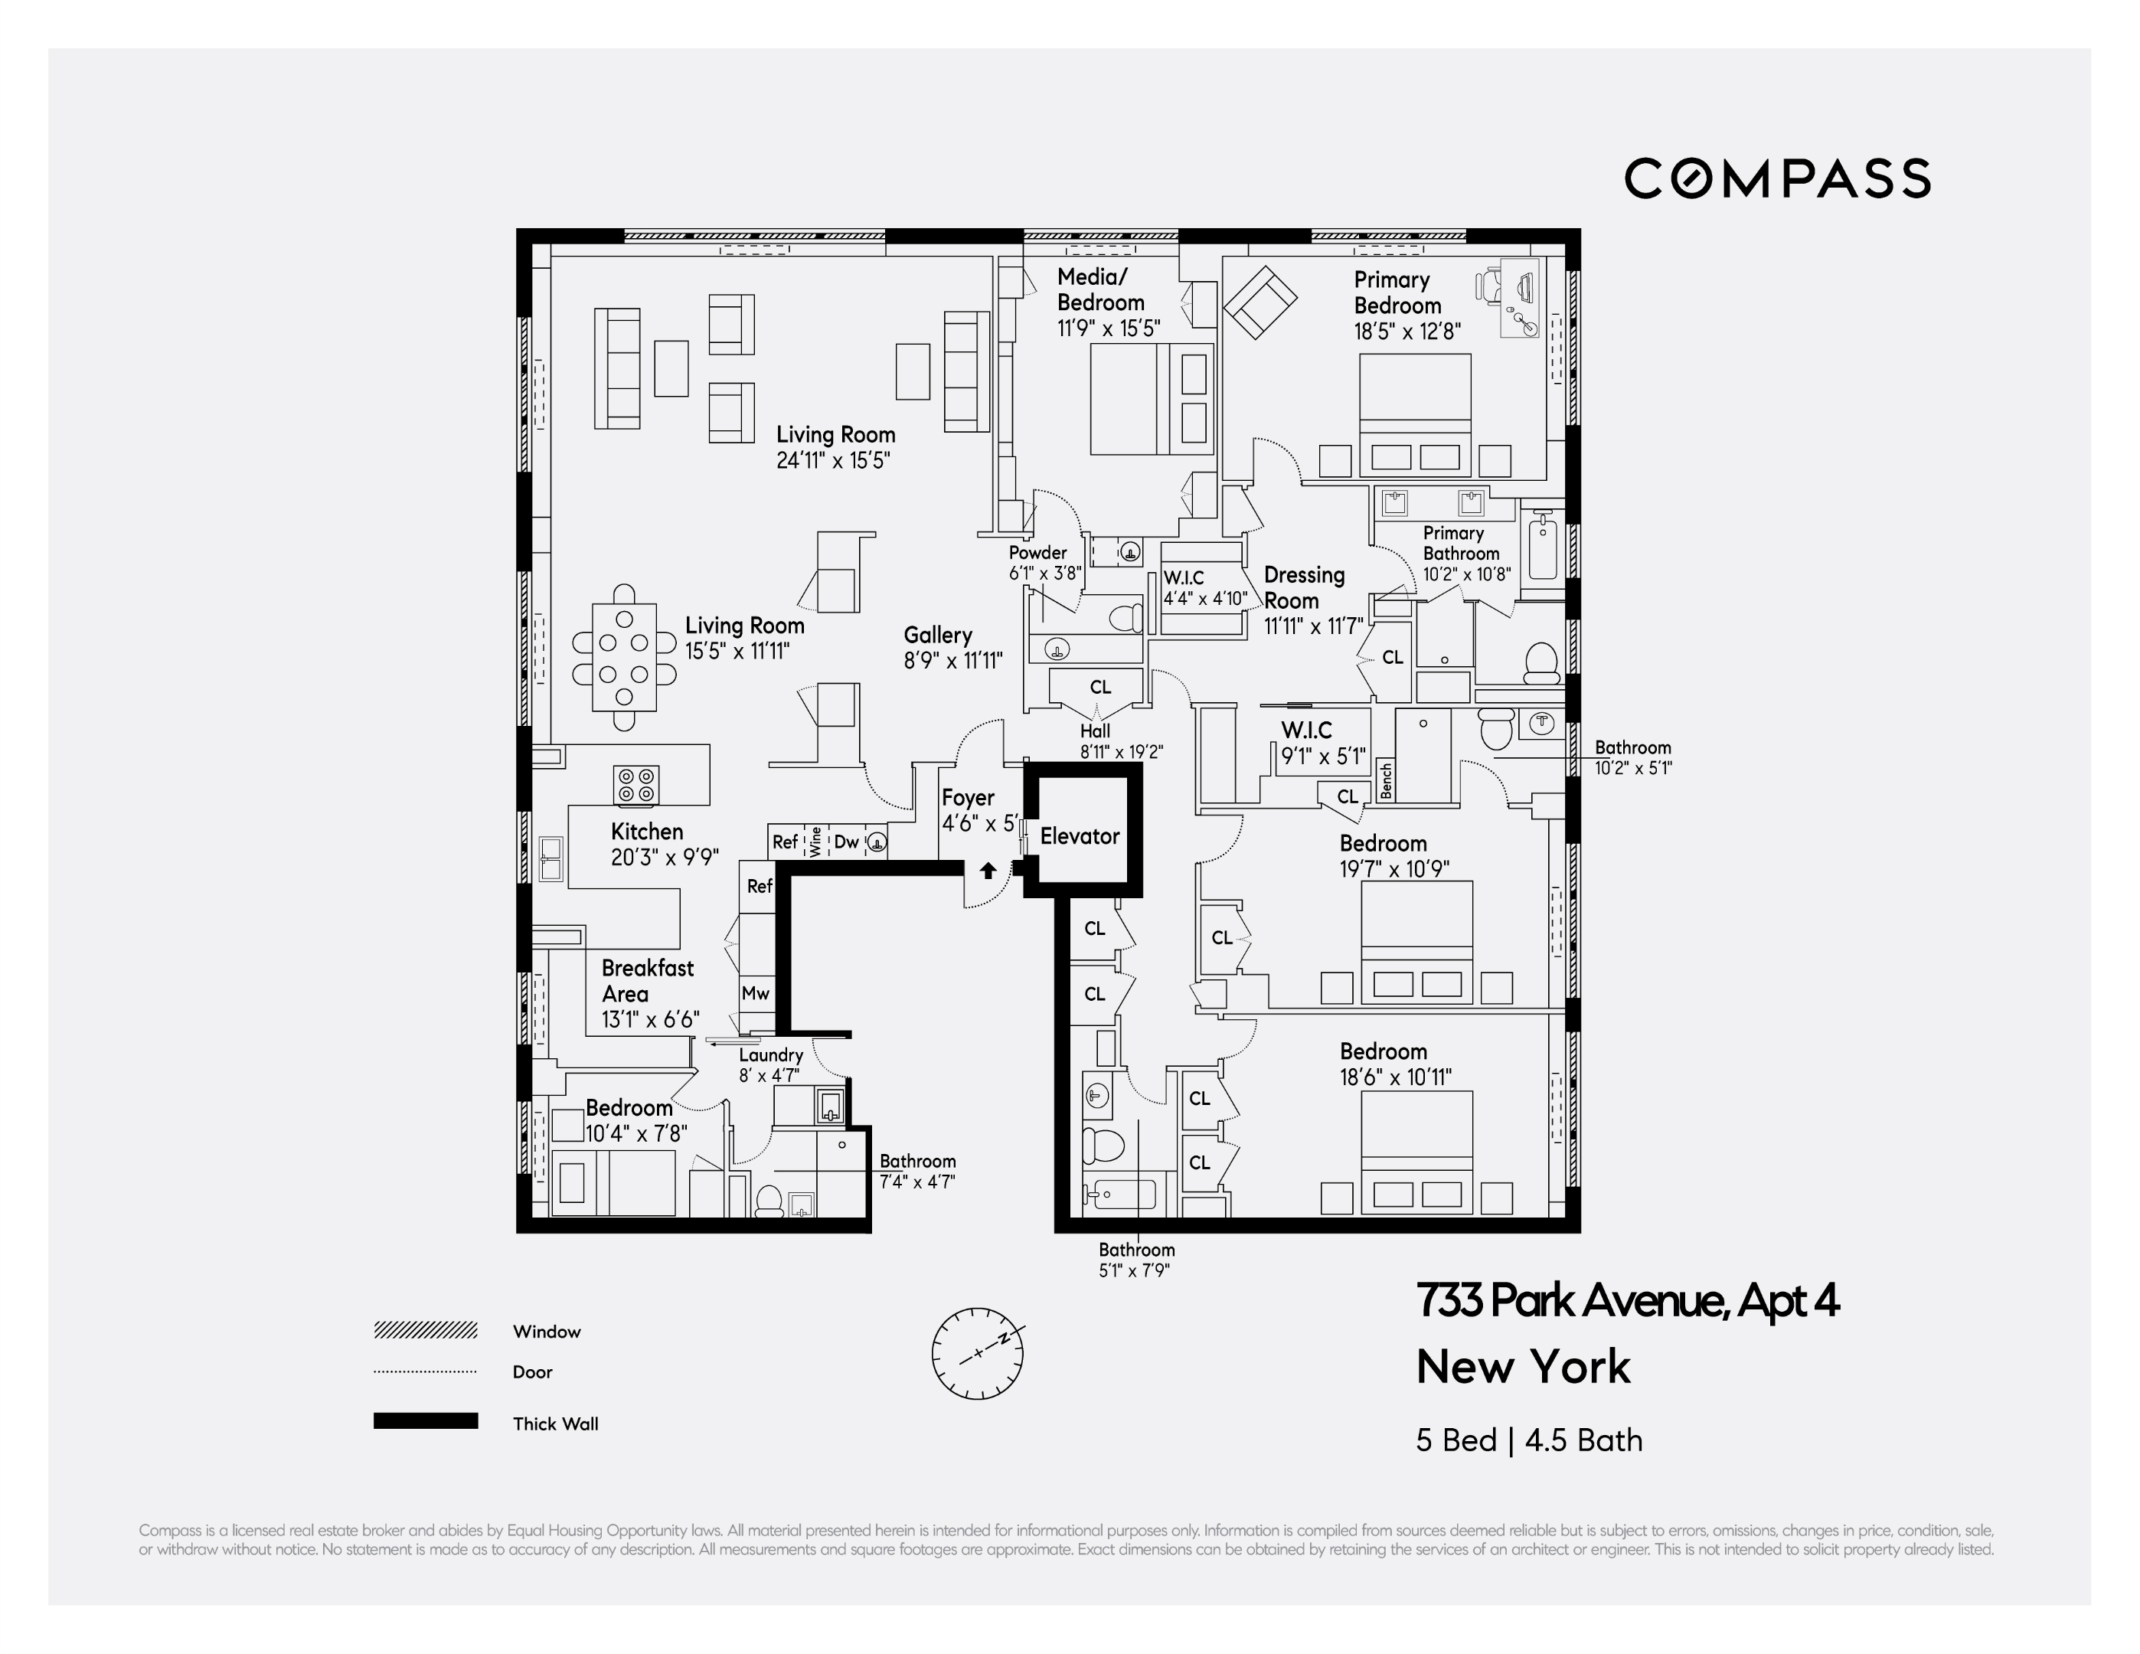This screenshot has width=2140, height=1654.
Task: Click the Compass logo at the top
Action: point(1776,178)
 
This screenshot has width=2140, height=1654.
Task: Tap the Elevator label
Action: point(1079,836)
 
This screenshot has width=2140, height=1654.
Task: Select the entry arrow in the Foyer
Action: point(988,870)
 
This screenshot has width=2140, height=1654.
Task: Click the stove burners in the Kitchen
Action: point(636,785)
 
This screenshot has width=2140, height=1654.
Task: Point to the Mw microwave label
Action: point(756,992)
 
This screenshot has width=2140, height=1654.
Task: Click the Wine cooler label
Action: point(815,842)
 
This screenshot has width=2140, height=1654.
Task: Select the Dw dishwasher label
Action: point(845,842)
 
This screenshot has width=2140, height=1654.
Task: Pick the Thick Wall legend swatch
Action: point(425,1420)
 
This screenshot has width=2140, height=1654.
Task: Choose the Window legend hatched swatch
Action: point(425,1329)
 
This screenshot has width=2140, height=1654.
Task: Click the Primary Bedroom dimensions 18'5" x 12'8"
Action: point(1407,332)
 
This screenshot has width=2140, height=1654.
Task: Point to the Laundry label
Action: point(770,1055)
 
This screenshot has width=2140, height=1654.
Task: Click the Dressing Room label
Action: point(1303,588)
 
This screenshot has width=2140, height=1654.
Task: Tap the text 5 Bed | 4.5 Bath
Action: point(1528,1440)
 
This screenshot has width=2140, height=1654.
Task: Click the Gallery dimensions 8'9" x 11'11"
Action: point(952,660)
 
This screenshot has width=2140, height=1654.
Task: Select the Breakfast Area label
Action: point(647,981)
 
